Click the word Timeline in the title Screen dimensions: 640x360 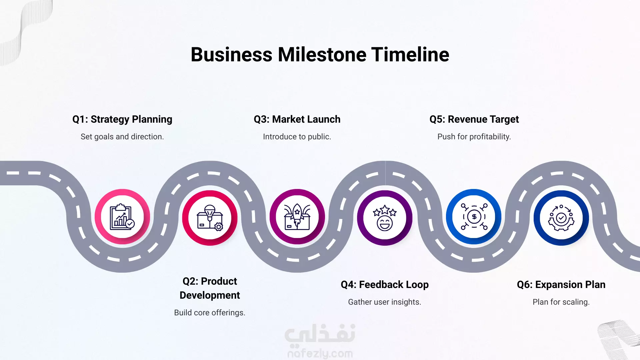coord(410,54)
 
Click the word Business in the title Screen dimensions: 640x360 coord(232,54)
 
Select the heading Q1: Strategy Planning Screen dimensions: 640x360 coord(122,119)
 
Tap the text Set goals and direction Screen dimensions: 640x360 coord(122,137)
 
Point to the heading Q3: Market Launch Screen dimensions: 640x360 coord(297,119)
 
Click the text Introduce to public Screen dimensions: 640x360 coord(297,137)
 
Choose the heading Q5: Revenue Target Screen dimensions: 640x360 coord(474,119)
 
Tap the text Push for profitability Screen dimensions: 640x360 coord(474,137)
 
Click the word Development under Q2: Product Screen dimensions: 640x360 coord(210,295)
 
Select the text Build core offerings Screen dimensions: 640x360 coord(210,313)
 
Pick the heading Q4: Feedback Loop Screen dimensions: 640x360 coord(385,285)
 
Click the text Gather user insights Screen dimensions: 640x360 coord(385,302)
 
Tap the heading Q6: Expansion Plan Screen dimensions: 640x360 coord(561,285)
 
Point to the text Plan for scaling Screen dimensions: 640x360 coord(561,302)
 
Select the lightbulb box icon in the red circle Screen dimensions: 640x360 coord(210,218)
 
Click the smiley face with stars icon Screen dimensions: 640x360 coord(385,218)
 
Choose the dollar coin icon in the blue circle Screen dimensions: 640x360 coord(474,217)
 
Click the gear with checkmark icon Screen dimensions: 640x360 coord(561,218)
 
